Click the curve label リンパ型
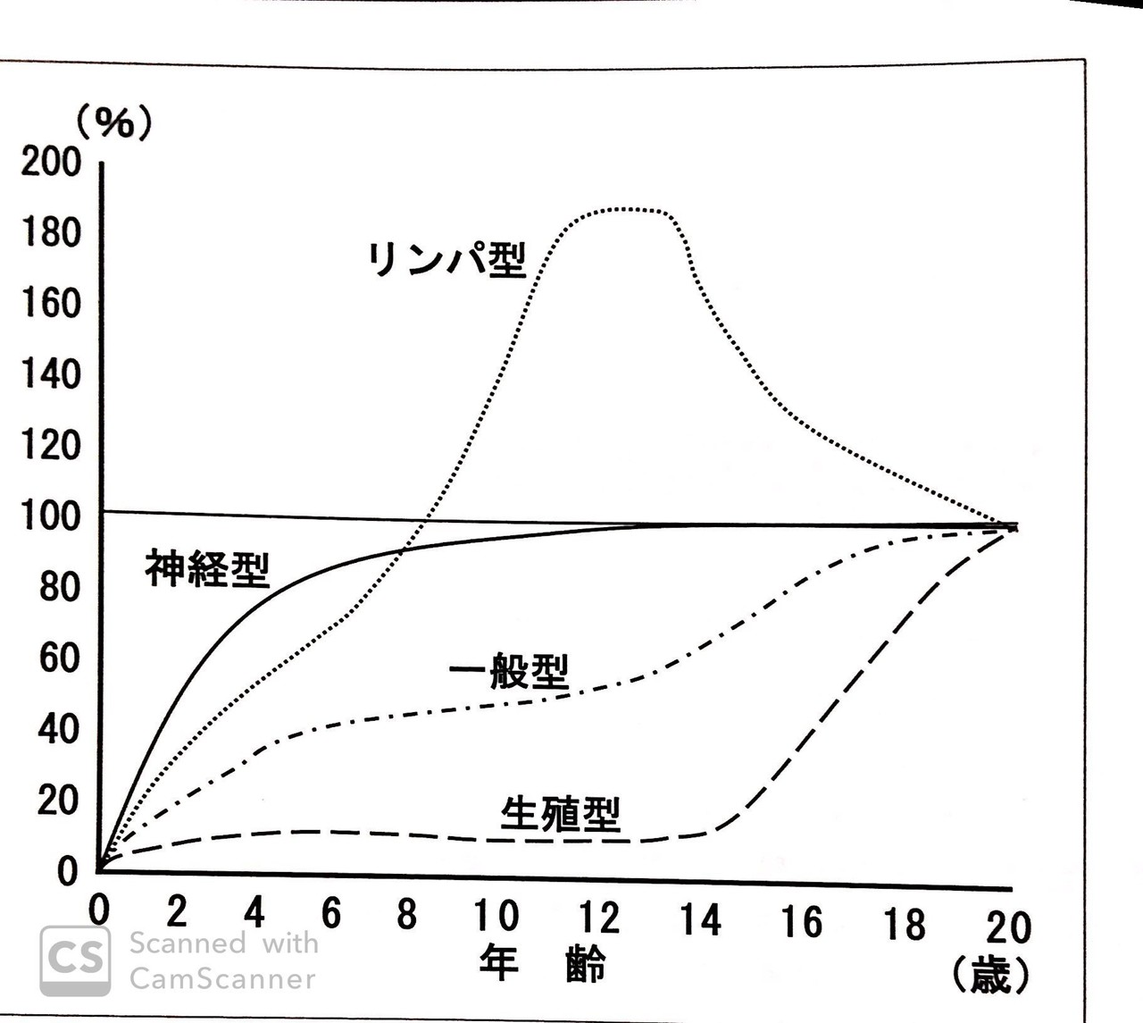coord(446,259)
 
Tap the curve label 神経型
coord(207,567)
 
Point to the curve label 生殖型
coord(560,813)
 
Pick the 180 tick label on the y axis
coord(51,232)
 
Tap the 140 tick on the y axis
coord(51,373)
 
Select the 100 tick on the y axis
coord(51,516)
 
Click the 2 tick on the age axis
coord(177,911)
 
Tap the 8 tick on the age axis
coord(406,913)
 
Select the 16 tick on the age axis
coord(801,921)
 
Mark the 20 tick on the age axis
coord(1008,927)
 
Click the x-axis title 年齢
coord(542,962)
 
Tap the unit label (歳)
coord(990,976)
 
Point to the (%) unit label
coord(113,122)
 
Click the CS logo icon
coord(75,960)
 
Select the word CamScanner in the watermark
coord(222,979)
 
